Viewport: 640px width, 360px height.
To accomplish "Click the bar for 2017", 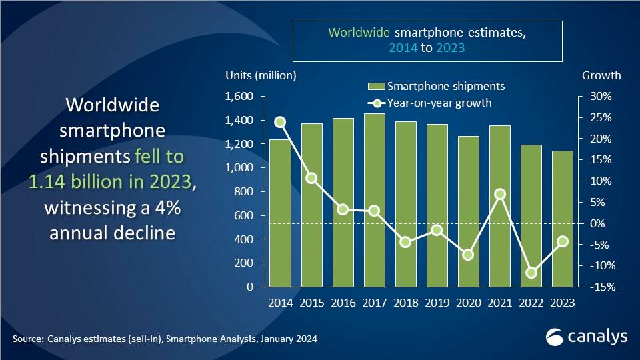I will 375,200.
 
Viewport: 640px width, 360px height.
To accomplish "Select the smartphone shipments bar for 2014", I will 279,213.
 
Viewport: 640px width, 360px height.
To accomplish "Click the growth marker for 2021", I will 500,194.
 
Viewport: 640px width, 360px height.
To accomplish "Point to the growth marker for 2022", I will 531,273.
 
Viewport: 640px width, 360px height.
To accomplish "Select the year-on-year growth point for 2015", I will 311,178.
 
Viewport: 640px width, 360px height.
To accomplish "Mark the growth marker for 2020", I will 469,255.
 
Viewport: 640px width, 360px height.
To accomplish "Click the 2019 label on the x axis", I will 437,303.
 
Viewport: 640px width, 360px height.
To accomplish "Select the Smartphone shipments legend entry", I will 436,87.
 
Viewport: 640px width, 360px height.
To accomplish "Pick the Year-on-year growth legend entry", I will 431,103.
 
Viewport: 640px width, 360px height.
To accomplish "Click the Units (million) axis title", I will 261,75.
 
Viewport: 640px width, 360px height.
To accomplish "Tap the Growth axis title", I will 601,75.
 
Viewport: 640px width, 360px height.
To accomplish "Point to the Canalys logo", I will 587,337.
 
